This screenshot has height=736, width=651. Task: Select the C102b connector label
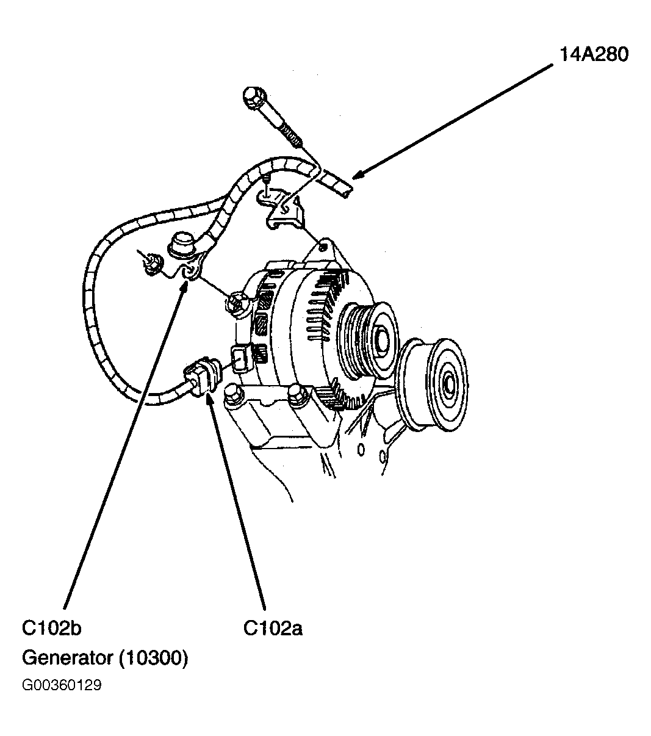[51, 628]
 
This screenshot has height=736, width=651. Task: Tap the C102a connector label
[272, 628]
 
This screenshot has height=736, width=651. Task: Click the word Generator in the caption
[67, 658]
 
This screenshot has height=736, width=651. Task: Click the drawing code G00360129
[62, 685]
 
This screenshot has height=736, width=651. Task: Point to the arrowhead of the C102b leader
[185, 286]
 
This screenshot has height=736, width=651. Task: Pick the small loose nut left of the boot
[150, 264]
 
